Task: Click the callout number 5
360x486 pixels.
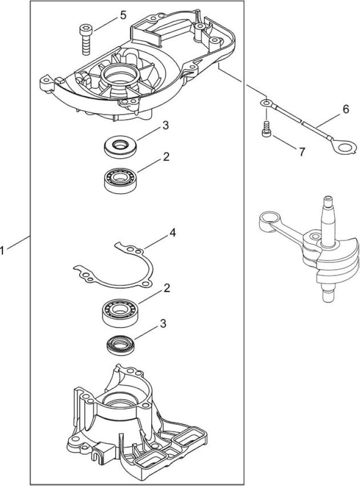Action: click(x=123, y=15)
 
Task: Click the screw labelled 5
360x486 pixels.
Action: click(x=84, y=40)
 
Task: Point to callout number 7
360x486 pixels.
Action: click(x=302, y=152)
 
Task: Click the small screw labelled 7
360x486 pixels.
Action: click(x=265, y=128)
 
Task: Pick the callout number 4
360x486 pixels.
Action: click(x=173, y=233)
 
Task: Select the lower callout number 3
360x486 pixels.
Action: click(x=163, y=324)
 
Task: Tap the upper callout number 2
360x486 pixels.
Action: click(x=166, y=157)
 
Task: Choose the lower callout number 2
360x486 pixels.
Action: click(x=166, y=288)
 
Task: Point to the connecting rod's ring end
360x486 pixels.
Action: click(x=268, y=218)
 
